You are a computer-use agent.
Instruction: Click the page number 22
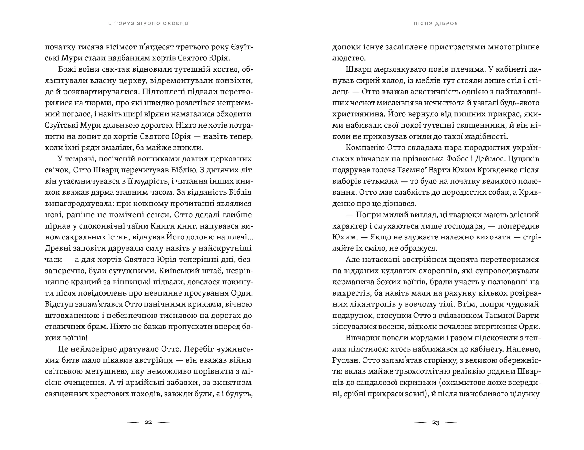coord(148,422)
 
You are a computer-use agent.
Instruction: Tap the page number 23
coord(436,423)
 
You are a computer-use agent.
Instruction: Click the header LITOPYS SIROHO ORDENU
coord(148,23)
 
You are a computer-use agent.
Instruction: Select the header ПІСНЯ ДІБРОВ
coord(436,23)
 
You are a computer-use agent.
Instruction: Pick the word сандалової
coord(382,383)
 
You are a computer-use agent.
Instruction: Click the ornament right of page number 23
coord(450,423)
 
